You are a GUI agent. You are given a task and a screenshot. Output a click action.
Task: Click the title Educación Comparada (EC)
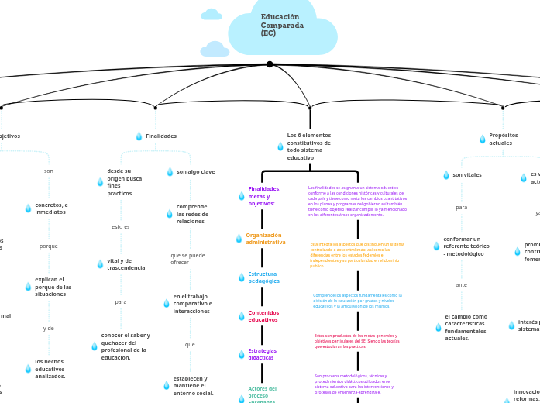coord(282,26)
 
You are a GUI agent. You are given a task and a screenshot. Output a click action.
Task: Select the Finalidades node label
coord(161,136)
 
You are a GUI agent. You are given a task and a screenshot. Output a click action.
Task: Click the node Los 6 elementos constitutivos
coord(308,146)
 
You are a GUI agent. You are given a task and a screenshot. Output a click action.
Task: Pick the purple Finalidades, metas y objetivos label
coord(264,196)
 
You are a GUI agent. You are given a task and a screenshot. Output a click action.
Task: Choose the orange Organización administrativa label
coord(265,239)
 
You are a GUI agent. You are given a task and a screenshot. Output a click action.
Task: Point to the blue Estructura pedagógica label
coord(263,277)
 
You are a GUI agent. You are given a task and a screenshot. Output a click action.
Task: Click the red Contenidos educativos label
coord(263,316)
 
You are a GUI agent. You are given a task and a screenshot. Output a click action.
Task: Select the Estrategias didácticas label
coord(262,354)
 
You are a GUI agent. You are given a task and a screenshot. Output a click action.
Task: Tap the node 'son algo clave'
coord(195,172)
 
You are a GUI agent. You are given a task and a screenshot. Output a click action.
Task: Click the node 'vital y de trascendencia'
coord(126,264)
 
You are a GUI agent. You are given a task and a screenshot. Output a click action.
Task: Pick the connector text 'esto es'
coord(121,227)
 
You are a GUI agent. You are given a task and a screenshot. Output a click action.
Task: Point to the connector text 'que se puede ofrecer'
coord(187,259)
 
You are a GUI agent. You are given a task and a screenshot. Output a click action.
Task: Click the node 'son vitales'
coord(467,175)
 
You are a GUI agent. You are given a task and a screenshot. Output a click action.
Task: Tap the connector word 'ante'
coord(462,285)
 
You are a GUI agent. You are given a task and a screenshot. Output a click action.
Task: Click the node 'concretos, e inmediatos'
coord(51,208)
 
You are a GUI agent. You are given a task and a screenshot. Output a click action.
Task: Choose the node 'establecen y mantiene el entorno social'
coord(193,386)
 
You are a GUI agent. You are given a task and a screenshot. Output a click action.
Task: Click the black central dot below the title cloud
coord(270,64)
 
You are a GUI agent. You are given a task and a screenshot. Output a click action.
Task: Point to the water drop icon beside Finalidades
coord(139,136)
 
